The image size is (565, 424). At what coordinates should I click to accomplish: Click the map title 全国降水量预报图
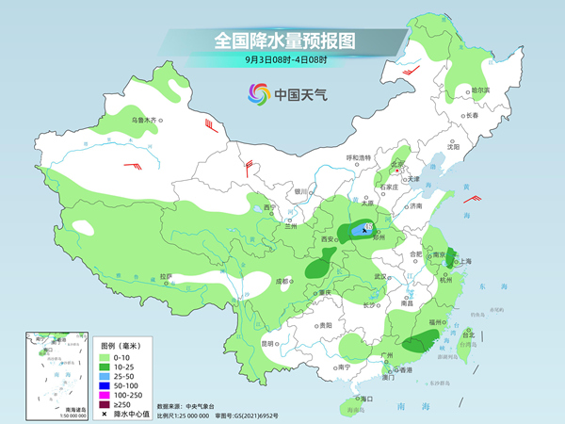[x=282, y=41]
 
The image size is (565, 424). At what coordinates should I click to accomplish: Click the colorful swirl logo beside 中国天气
[x=258, y=94]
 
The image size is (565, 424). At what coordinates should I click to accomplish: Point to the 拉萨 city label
[x=166, y=277]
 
